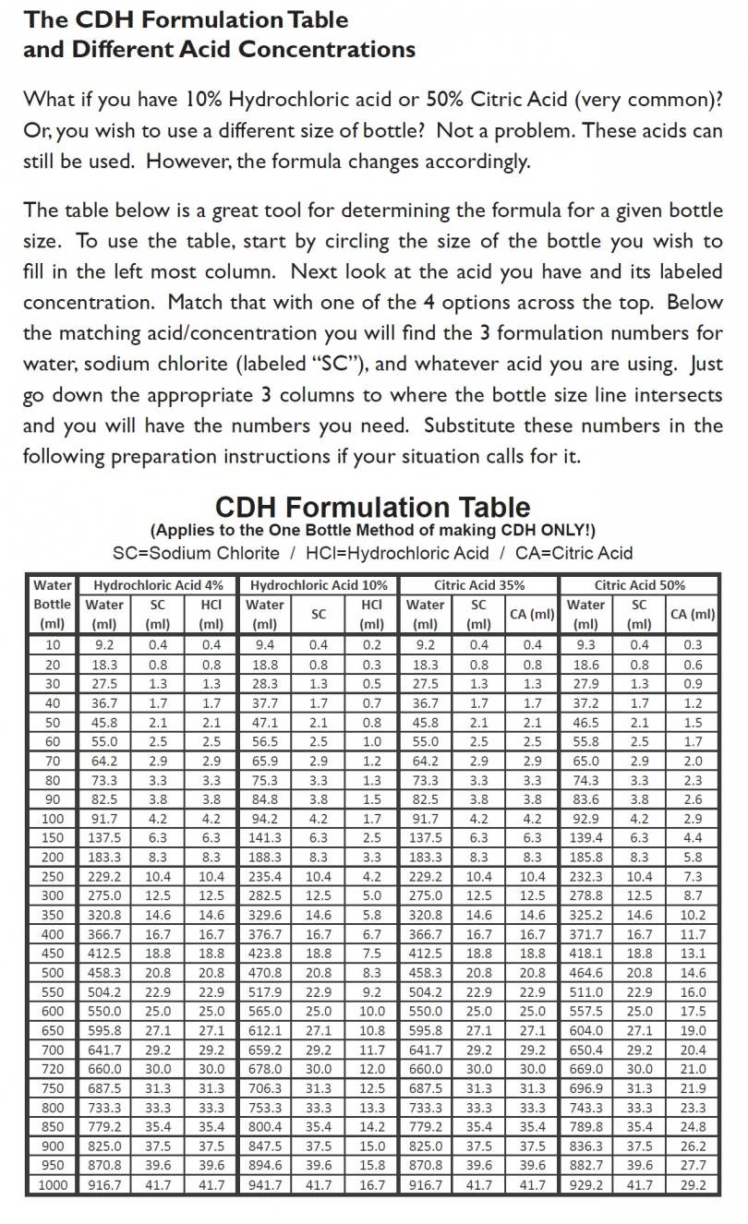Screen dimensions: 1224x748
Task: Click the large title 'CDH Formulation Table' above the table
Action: [x=372, y=507]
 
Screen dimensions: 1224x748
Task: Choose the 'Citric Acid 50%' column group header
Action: [x=640, y=585]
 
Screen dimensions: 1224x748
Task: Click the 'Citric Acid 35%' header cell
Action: [x=479, y=585]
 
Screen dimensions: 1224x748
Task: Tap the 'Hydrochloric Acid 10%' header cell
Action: [x=319, y=585]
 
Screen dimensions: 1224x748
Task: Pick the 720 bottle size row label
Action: [x=53, y=1069]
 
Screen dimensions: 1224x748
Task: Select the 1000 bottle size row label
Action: [x=53, y=1184]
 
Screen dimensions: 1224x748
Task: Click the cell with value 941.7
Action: [x=266, y=1184]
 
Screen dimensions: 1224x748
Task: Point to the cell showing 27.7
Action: [x=693, y=1165]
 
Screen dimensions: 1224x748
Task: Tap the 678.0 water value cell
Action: [x=266, y=1069]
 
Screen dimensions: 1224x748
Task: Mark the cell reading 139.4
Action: [x=585, y=837]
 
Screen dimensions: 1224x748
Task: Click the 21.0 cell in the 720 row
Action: [x=693, y=1069]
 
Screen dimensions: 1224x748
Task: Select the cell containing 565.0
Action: [x=266, y=1011]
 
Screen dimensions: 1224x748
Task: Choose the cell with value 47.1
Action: [x=266, y=722]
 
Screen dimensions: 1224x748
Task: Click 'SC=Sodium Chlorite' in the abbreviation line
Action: [x=195, y=553]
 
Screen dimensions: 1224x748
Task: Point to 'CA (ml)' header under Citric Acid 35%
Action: [x=533, y=614]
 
